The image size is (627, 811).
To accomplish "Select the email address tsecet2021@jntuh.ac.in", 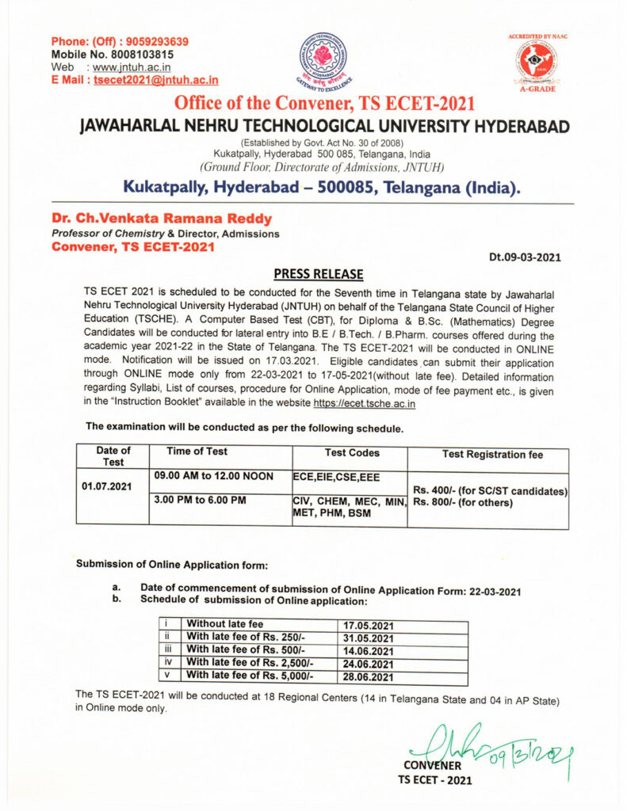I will point(156,80).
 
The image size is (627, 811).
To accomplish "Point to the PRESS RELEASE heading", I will point(318,274).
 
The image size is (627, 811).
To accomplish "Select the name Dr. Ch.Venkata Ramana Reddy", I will point(162,219).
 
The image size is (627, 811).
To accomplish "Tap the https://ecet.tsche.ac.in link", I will point(365,404).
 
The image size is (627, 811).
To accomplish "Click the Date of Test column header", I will point(113,456).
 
